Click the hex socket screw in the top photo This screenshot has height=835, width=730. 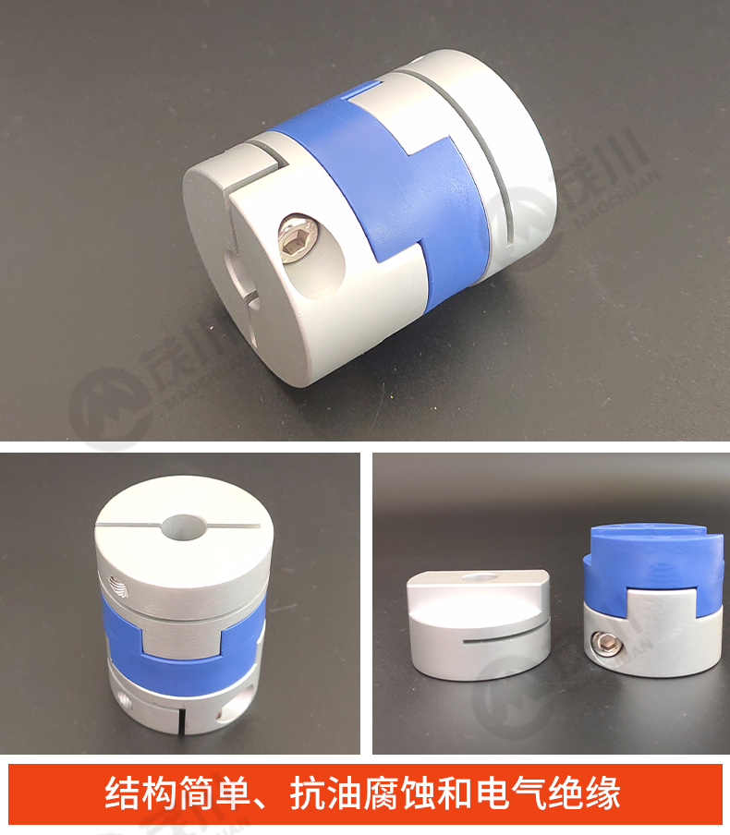tap(298, 238)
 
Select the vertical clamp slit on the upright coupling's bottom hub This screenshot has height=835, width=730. tap(182, 719)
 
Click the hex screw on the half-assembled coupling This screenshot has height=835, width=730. tap(603, 646)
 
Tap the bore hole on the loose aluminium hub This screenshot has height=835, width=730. tap(478, 577)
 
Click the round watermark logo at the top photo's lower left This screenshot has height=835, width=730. tap(110, 408)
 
